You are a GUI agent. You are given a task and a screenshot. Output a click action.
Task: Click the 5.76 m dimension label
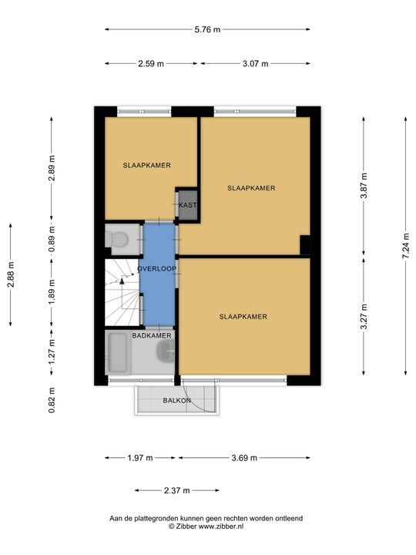point(207,29)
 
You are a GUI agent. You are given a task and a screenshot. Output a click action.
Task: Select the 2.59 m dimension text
point(151,64)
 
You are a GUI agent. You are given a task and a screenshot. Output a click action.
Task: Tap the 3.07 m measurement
point(256,64)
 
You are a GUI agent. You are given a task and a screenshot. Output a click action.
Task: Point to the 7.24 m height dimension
point(406,246)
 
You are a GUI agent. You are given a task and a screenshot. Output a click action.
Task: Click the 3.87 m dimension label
point(364,186)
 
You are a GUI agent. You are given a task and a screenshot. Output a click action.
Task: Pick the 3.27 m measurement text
point(364,317)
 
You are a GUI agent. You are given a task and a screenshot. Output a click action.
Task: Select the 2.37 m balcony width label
point(177,490)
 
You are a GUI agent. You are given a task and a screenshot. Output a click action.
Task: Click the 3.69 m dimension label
point(244,458)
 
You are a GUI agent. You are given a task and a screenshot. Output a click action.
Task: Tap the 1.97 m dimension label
point(140,458)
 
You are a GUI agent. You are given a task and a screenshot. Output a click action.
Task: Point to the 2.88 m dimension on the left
point(11,274)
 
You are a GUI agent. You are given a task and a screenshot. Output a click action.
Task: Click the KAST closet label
point(187,205)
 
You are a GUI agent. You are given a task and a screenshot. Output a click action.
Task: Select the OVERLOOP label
point(156,269)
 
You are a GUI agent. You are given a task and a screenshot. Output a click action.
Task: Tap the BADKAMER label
point(152,335)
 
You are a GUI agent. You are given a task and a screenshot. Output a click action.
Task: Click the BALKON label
point(177,401)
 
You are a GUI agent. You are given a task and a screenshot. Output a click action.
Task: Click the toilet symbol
point(117,239)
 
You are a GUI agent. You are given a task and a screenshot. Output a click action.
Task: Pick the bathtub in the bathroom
point(118,352)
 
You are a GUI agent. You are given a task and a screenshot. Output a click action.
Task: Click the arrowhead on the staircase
point(122,281)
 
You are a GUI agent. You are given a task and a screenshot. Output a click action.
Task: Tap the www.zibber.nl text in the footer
point(221,526)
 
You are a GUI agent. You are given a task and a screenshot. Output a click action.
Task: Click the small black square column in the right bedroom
point(305,244)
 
